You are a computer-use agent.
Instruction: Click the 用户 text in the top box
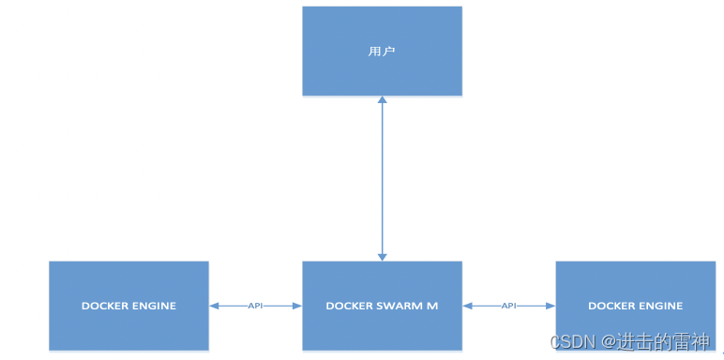click(382, 51)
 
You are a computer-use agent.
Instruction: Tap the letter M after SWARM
click(432, 306)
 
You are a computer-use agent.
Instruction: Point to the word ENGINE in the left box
click(154, 306)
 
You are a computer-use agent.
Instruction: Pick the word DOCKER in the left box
click(104, 306)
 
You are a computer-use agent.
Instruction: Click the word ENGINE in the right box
click(660, 306)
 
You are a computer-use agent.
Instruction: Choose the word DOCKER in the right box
click(611, 306)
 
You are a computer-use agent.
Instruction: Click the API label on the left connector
click(255, 306)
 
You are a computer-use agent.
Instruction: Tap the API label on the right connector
click(508, 306)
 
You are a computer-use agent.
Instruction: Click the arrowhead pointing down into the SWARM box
click(382, 255)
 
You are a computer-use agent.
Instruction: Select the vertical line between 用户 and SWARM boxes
click(382, 178)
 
